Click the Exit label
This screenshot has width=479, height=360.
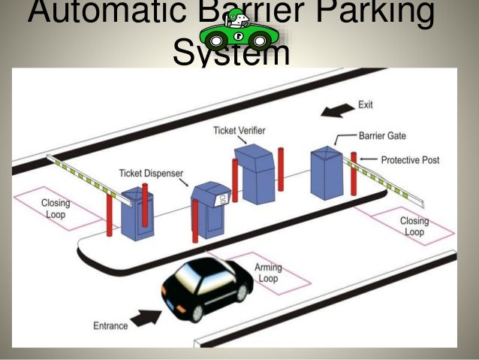tap(366, 105)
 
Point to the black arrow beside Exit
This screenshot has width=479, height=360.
tap(335, 110)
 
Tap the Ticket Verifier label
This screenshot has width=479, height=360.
tap(239, 131)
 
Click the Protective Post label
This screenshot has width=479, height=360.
tap(410, 160)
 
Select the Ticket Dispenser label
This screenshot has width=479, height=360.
tap(151, 174)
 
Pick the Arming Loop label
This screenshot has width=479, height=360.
tap(267, 273)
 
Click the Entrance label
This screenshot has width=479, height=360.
tap(111, 325)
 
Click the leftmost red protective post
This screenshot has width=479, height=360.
tap(110, 216)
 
